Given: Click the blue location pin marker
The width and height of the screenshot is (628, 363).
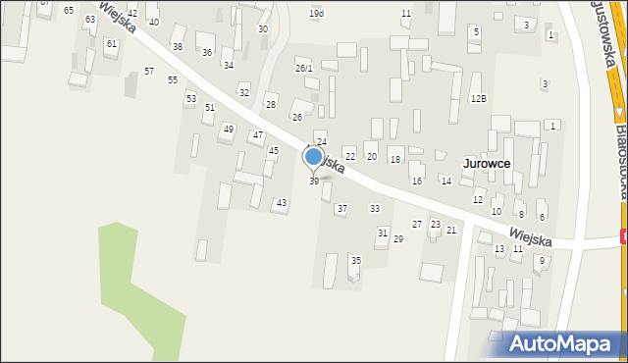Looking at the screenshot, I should click(314, 157).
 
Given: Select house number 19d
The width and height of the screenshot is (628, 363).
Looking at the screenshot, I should click(316, 14).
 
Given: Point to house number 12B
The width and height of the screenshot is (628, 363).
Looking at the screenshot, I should click(478, 99).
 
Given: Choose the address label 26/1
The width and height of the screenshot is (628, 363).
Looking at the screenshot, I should click(304, 68).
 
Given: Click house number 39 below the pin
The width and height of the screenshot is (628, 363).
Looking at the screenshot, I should click(314, 181).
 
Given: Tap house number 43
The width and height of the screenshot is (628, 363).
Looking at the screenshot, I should click(282, 203).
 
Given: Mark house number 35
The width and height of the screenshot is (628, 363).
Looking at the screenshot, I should click(356, 260).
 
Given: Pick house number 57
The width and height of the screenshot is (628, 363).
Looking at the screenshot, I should click(149, 72).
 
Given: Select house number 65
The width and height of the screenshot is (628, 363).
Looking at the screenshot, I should click(69, 10).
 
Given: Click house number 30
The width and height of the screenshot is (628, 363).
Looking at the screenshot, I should click(263, 29).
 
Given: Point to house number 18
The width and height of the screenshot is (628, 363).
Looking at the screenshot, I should click(395, 159).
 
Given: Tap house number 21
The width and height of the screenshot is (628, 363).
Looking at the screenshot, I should click(451, 230).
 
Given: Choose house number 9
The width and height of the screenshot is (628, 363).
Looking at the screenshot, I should click(541, 260).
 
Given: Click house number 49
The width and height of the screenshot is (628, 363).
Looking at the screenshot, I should click(229, 129).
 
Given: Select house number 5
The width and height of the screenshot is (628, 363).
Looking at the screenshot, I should click(476, 32).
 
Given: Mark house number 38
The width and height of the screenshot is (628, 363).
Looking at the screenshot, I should click(178, 47).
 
